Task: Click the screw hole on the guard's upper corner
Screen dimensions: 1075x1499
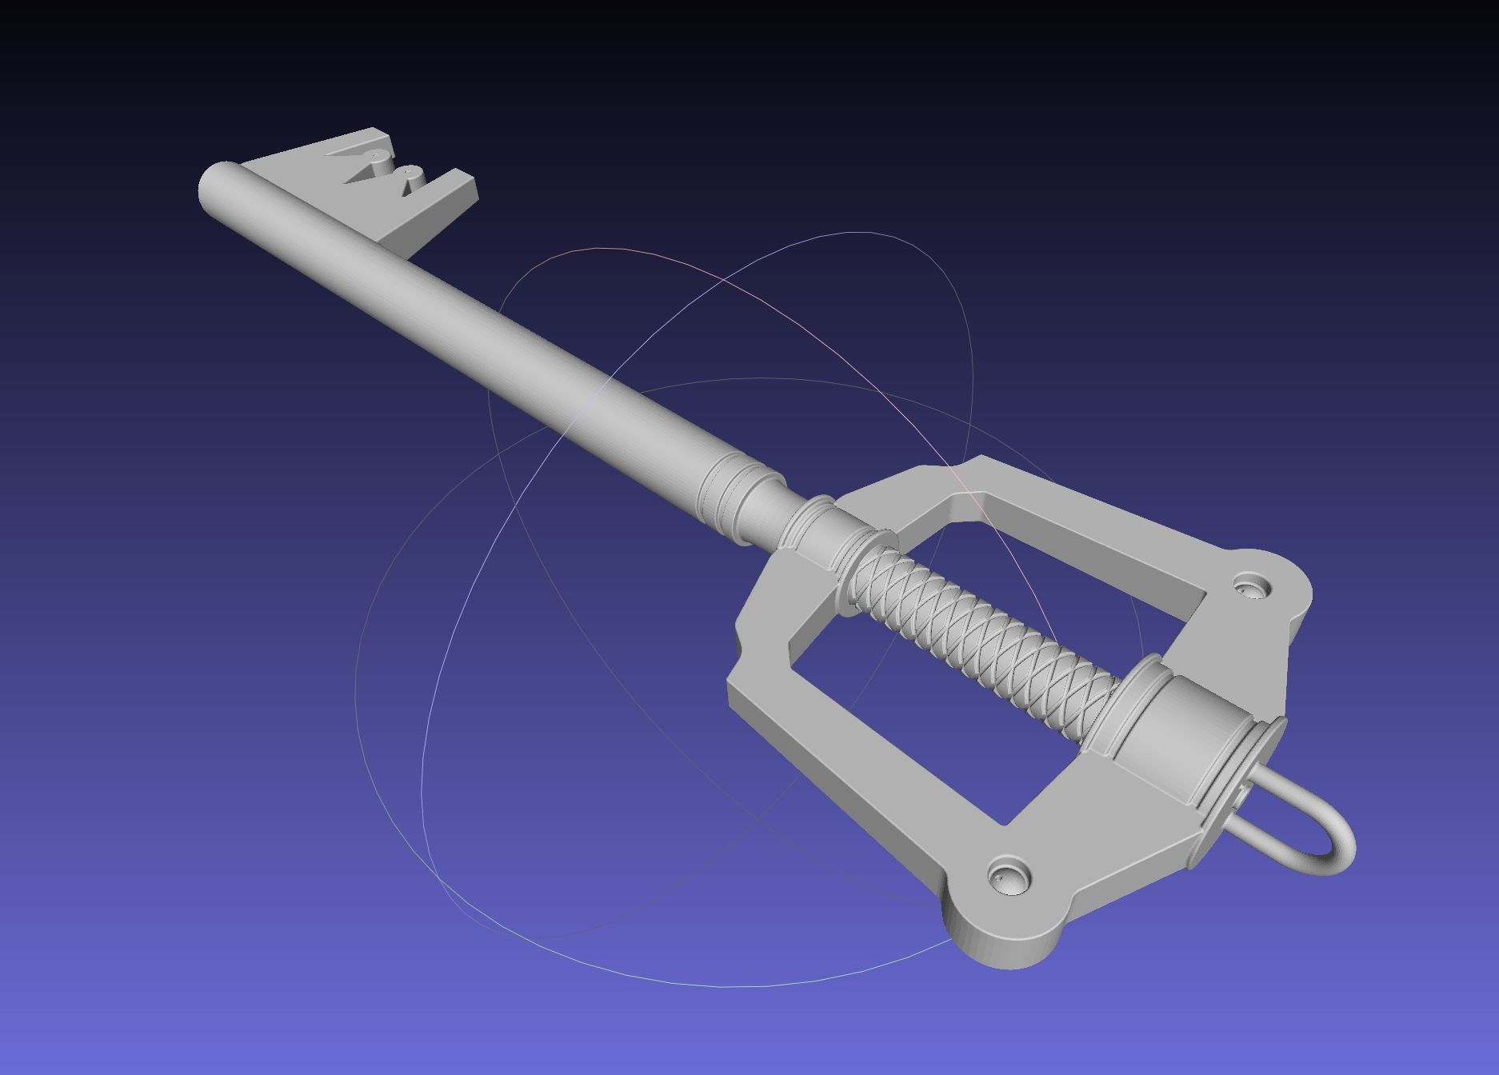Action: pos(1250,585)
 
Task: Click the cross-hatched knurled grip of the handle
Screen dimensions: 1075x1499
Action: pos(984,631)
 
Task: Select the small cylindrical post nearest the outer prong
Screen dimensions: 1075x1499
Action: pos(411,174)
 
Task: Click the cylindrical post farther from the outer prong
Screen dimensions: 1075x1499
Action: pos(377,157)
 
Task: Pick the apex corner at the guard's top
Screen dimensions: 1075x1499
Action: pos(980,463)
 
